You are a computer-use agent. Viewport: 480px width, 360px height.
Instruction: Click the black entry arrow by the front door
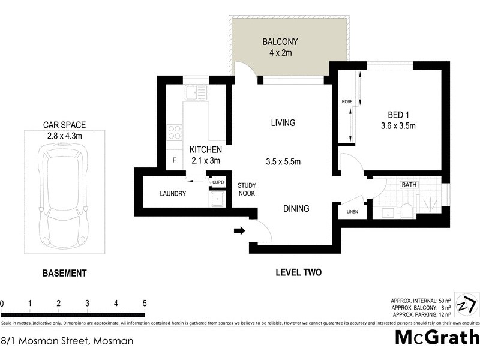tap(239, 230)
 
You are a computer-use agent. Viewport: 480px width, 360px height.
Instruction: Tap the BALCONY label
tap(280, 42)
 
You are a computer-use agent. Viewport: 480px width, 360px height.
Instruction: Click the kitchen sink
tap(196, 93)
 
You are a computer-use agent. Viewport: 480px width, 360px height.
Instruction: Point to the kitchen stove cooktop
tap(175, 132)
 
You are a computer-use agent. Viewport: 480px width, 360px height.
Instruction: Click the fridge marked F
tap(174, 160)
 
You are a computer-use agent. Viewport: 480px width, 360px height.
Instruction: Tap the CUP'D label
tap(217, 182)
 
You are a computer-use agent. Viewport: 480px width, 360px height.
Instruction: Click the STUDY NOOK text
tap(247, 190)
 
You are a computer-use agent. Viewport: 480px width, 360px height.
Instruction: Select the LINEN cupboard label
tap(353, 212)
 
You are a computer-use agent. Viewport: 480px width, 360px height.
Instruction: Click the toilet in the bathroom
tap(407, 211)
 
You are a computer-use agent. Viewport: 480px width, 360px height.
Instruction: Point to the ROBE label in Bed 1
tap(347, 102)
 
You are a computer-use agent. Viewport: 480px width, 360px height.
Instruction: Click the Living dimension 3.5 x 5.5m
tap(283, 161)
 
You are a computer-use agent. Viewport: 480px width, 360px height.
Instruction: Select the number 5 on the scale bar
tap(144, 303)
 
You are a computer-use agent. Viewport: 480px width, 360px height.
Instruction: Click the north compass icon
tap(467, 305)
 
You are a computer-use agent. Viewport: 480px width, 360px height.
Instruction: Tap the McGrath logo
tap(436, 337)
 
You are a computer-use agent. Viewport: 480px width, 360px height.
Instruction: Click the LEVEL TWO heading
tap(298, 272)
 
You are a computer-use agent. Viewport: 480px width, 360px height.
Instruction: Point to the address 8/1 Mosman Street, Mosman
tap(67, 341)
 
